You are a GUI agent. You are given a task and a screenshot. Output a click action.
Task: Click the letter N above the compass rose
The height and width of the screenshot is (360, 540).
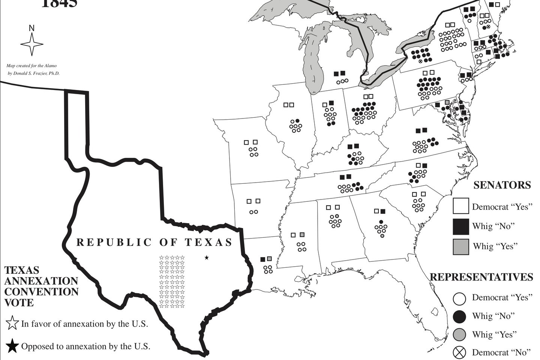(x=32, y=28)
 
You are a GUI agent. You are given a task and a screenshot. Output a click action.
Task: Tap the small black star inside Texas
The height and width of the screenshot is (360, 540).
(x=206, y=258)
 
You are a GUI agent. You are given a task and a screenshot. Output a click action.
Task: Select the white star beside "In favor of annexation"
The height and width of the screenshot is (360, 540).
(x=12, y=323)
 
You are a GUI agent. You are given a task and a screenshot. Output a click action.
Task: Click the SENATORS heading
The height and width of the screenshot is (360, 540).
(x=502, y=185)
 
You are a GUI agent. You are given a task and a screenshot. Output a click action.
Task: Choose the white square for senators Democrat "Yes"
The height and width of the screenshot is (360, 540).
(x=461, y=206)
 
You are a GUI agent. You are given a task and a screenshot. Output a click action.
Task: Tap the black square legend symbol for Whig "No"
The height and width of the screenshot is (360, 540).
(x=461, y=226)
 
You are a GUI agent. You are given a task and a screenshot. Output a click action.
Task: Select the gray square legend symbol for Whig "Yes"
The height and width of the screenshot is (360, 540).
(x=461, y=246)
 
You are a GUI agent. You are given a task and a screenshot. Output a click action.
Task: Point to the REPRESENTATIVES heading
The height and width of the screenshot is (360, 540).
(x=481, y=277)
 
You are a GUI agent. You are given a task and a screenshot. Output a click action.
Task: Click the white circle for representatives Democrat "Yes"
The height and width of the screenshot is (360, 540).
(x=460, y=298)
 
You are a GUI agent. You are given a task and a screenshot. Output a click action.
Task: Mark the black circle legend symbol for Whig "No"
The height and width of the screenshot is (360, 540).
(x=460, y=316)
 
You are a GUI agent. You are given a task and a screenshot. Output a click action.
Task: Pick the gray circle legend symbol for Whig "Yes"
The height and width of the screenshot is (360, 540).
(x=460, y=334)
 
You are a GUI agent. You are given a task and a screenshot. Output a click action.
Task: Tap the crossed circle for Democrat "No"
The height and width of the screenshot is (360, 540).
(x=460, y=352)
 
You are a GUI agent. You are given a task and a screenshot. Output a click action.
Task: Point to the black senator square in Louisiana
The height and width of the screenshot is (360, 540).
(x=263, y=259)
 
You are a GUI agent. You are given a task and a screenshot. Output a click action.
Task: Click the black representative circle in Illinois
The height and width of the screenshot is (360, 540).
(x=297, y=121)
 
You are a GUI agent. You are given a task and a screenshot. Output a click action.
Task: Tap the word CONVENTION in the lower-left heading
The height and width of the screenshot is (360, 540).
(x=41, y=291)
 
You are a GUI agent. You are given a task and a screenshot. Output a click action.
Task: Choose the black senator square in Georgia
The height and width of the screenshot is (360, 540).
(x=382, y=211)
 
